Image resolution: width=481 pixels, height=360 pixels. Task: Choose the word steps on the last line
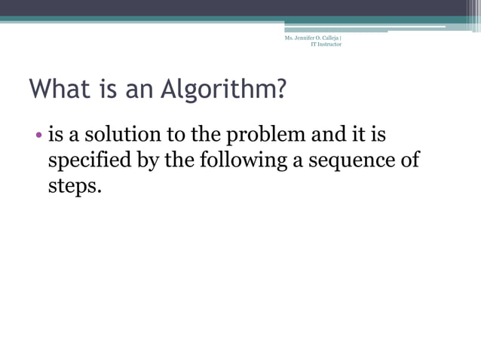(x=74, y=186)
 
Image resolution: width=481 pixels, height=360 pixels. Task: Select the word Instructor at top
(x=329, y=44)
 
